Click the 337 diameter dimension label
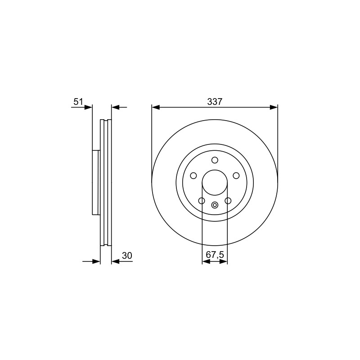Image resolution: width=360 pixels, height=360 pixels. coord(215,102)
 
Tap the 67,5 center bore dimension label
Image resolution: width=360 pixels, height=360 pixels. coord(215,255)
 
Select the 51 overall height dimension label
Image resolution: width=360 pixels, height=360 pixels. coord(78,102)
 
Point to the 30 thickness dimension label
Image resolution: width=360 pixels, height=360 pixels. coord(127,256)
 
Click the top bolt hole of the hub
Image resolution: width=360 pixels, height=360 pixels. coord(215,160)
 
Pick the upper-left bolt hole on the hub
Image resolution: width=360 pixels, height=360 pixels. coord(193,175)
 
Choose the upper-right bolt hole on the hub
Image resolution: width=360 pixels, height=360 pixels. coord(236,175)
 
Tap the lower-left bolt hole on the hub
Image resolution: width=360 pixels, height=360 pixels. coord(202,201)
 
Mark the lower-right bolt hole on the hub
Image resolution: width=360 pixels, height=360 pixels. coord(228,201)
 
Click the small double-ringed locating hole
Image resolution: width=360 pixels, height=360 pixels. coord(215,205)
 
